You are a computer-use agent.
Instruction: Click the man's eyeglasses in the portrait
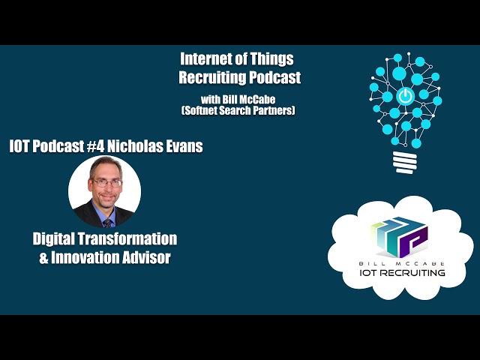pyautogui.click(x=106, y=182)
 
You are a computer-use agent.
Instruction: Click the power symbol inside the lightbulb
pyautogui.click(x=405, y=96)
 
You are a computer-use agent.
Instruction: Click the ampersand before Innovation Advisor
pyautogui.click(x=43, y=256)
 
